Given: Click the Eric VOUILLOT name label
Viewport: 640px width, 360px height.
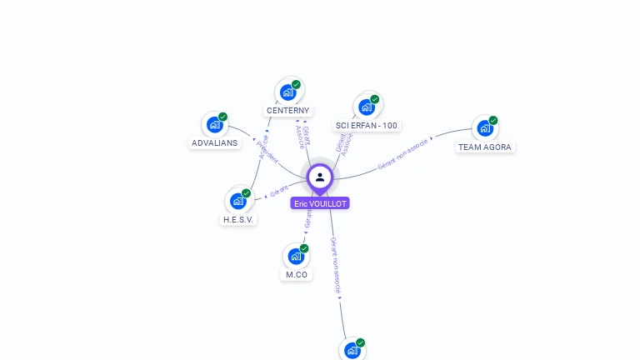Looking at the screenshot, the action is (x=320, y=203).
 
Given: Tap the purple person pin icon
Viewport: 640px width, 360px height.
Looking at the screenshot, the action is (x=320, y=177).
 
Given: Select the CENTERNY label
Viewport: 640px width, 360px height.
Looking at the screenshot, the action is (x=287, y=110).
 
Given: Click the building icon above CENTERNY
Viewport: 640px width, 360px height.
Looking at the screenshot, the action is (x=288, y=92).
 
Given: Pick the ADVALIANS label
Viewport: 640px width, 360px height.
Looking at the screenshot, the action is (x=214, y=142).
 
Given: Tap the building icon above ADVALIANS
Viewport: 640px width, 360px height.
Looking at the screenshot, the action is (x=215, y=125).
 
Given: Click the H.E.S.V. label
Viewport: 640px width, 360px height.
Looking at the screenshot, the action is (x=238, y=219).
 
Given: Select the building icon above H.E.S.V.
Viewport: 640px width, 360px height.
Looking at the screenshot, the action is (x=238, y=201).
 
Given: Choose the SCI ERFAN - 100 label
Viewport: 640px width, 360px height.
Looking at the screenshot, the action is (x=367, y=125).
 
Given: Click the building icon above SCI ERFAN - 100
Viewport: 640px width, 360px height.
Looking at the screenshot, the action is (x=367, y=107).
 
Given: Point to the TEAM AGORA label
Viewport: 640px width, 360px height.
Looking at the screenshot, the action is (x=485, y=147).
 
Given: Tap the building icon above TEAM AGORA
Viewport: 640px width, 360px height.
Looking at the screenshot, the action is (x=485, y=128).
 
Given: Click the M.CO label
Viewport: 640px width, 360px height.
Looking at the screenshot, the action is (x=297, y=274).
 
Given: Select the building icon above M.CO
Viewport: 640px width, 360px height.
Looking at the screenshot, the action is (x=297, y=257).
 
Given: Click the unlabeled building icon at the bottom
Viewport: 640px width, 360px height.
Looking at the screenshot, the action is (x=352, y=351).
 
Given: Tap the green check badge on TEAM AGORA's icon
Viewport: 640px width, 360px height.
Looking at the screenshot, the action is (x=493, y=120).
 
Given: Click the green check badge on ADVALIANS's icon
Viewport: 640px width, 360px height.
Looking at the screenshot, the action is (x=222, y=117).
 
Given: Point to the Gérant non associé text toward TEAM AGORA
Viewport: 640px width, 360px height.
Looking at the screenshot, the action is (x=402, y=154).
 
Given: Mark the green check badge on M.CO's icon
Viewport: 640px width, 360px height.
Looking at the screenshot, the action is (x=304, y=248).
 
